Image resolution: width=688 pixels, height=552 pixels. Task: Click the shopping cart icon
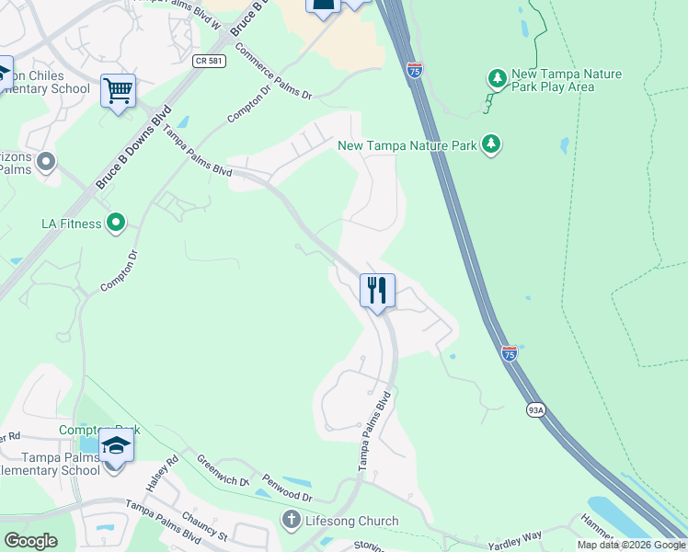click(118, 92)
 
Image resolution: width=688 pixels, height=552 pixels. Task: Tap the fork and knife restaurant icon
click(377, 291)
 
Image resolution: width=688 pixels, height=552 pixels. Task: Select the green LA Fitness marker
click(116, 222)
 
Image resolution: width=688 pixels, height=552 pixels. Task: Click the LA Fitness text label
click(72, 224)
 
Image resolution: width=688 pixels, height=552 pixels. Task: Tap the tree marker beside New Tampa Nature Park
click(492, 144)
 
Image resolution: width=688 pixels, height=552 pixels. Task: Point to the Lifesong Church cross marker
click(292, 521)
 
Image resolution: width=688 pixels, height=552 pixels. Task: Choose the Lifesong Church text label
click(352, 521)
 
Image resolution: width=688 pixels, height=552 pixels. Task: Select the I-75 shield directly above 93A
click(510, 352)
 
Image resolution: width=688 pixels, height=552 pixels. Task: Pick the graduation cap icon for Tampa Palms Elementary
click(116, 447)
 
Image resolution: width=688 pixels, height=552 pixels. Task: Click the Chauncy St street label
click(204, 527)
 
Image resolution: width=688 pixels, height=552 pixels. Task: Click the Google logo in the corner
click(31, 540)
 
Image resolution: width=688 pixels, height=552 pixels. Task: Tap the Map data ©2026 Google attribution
click(631, 545)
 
